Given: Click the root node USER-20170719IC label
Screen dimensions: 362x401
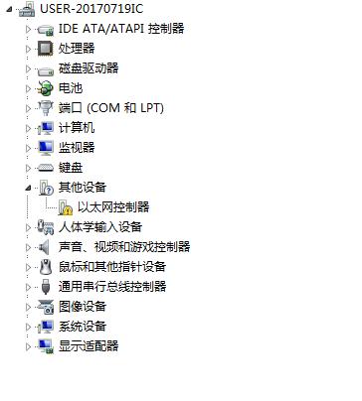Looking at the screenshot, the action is click(90, 9).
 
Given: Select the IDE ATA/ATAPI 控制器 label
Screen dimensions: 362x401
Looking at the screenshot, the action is click(121, 29).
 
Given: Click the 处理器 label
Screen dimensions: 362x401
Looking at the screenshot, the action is click(77, 49).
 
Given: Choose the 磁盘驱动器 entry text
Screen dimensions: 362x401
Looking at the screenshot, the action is click(89, 68).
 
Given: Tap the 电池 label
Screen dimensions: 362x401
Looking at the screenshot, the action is click(71, 88).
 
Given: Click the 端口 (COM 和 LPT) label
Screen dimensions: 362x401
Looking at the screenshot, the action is click(110, 108).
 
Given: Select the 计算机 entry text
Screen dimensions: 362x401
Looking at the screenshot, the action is click(77, 128).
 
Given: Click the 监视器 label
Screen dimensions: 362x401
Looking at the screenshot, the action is click(77, 148).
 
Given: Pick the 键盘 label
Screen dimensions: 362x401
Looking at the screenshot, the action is click(71, 168).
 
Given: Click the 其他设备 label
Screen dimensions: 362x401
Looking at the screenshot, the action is click(83, 188).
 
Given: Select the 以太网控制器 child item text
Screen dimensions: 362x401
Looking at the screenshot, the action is click(113, 207).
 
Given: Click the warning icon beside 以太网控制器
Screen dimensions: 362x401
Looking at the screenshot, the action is click(66, 207).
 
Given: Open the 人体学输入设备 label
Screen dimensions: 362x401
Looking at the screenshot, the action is click(100, 227).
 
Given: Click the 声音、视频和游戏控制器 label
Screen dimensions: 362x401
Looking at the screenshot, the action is click(124, 247).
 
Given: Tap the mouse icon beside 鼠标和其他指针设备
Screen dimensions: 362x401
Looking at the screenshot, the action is click(45, 267).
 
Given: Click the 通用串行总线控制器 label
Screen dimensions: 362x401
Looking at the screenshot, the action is click(112, 287).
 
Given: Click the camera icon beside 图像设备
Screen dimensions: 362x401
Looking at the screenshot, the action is click(45, 307).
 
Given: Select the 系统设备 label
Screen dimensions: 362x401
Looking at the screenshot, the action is click(83, 327).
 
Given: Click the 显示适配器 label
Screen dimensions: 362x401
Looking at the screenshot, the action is click(89, 346).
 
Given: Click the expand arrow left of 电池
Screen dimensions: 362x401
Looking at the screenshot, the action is click(29, 88).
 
